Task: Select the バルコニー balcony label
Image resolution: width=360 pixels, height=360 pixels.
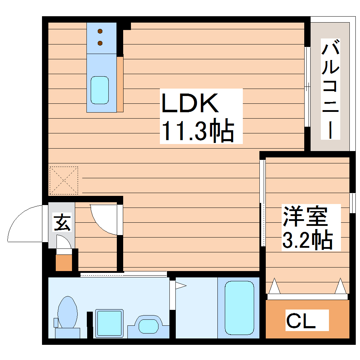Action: [x=330, y=89]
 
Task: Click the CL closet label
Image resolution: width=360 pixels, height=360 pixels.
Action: [x=300, y=320]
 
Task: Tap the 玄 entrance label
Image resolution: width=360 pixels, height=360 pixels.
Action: [x=62, y=222]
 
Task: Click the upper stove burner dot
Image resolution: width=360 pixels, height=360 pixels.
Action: [x=100, y=31]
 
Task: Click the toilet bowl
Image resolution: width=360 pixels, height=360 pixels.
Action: [x=67, y=312]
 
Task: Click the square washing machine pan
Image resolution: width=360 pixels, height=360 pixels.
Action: [x=109, y=324]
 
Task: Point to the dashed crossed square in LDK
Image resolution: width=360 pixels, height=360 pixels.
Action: [x=64, y=180]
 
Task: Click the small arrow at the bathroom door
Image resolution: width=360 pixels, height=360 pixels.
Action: [x=181, y=285]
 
